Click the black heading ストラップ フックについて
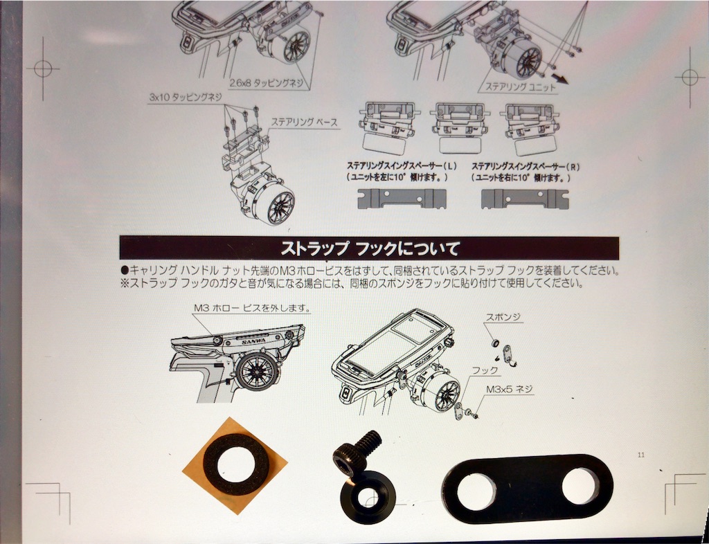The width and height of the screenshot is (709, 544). [370, 248]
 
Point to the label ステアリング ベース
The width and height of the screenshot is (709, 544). [304, 122]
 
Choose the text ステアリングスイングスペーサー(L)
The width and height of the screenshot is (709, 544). [398, 167]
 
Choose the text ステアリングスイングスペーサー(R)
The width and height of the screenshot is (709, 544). [525, 167]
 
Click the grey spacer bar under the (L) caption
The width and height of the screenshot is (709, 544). [402, 199]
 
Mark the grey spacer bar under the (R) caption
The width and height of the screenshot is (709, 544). [525, 199]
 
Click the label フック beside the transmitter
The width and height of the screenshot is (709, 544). [485, 370]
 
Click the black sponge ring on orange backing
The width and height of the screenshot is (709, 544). [235, 465]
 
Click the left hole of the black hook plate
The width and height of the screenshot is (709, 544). [477, 492]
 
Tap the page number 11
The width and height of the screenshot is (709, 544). [640, 455]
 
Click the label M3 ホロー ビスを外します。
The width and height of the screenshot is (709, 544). [252, 309]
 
